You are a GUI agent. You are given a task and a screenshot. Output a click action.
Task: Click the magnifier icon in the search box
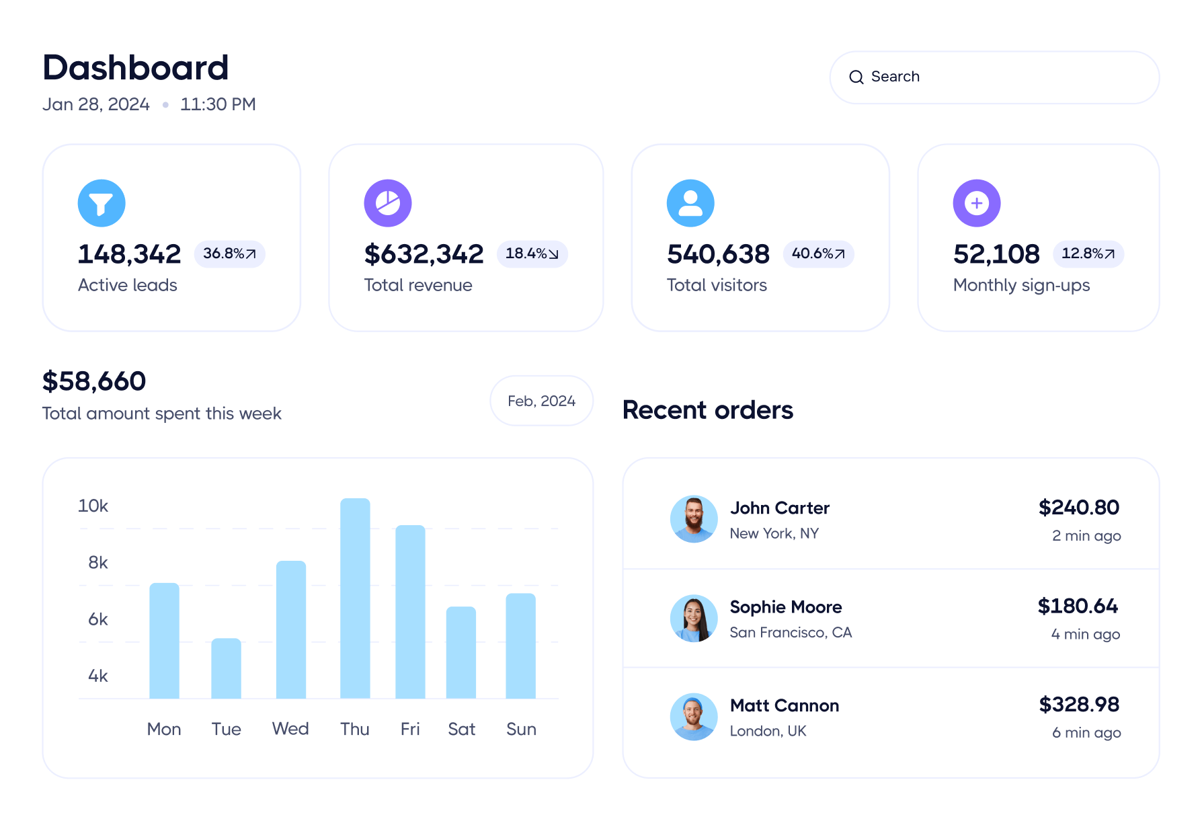[856, 77]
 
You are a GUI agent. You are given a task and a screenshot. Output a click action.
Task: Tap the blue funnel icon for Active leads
[102, 203]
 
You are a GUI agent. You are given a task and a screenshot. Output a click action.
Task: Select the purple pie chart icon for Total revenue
[388, 203]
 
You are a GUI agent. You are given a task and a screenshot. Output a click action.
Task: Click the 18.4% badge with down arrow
[532, 254]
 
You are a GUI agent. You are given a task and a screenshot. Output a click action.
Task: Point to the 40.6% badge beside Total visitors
[818, 254]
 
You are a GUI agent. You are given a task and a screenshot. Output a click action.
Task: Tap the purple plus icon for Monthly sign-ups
[976, 203]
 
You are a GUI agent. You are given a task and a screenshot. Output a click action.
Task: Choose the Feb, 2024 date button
[541, 401]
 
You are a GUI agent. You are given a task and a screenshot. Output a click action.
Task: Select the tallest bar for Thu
[355, 598]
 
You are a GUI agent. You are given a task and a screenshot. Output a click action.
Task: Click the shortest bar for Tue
[226, 668]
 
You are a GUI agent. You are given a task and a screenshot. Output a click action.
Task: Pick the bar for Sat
[461, 652]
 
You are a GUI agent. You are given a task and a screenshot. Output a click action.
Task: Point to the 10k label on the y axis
[93, 506]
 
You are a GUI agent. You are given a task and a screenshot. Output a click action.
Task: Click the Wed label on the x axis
[290, 729]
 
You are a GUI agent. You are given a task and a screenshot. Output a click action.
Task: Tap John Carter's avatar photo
[694, 519]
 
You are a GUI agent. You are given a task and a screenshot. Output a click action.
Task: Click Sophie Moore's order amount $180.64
[1078, 606]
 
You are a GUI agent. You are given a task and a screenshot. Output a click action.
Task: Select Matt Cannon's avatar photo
[694, 717]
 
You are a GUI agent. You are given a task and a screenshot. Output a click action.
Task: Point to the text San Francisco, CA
[791, 633]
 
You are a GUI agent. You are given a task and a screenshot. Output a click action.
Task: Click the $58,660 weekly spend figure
[94, 381]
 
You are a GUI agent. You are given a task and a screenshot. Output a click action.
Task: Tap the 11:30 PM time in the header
[218, 105]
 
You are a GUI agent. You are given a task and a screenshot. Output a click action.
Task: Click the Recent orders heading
[708, 410]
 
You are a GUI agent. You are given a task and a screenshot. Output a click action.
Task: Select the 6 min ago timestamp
[1086, 733]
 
